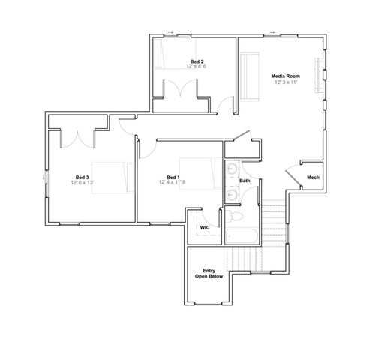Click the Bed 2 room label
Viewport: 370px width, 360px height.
[197, 61]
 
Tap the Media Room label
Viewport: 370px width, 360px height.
[286, 76]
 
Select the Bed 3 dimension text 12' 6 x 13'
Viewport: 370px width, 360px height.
[83, 183]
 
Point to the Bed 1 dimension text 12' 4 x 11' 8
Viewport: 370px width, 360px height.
[172, 182]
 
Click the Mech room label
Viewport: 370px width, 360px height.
[313, 178]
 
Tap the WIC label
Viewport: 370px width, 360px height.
[205, 228]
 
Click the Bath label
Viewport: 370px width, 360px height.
[245, 181]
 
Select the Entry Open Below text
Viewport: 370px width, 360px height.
[209, 274]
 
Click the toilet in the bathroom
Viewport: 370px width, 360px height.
[234, 216]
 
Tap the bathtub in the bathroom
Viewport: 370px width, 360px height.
[242, 236]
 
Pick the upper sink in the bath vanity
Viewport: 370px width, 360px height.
[232, 169]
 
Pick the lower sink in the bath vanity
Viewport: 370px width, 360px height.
[232, 194]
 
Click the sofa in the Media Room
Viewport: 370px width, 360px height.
[250, 76]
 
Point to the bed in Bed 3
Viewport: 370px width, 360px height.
[113, 178]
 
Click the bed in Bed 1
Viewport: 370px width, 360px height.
[200, 173]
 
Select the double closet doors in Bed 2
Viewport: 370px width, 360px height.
[180, 88]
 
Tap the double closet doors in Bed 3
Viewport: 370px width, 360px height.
[78, 139]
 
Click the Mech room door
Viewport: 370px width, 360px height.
[293, 178]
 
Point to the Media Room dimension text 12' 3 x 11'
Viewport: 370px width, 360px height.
[286, 82]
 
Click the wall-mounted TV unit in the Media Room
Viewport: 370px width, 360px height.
[319, 76]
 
